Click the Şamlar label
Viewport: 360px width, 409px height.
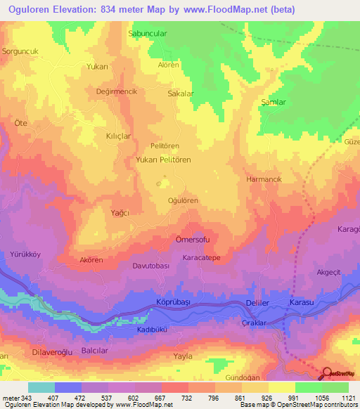274,102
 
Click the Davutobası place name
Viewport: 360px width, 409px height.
151,266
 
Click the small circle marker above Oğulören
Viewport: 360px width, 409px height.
159,184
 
